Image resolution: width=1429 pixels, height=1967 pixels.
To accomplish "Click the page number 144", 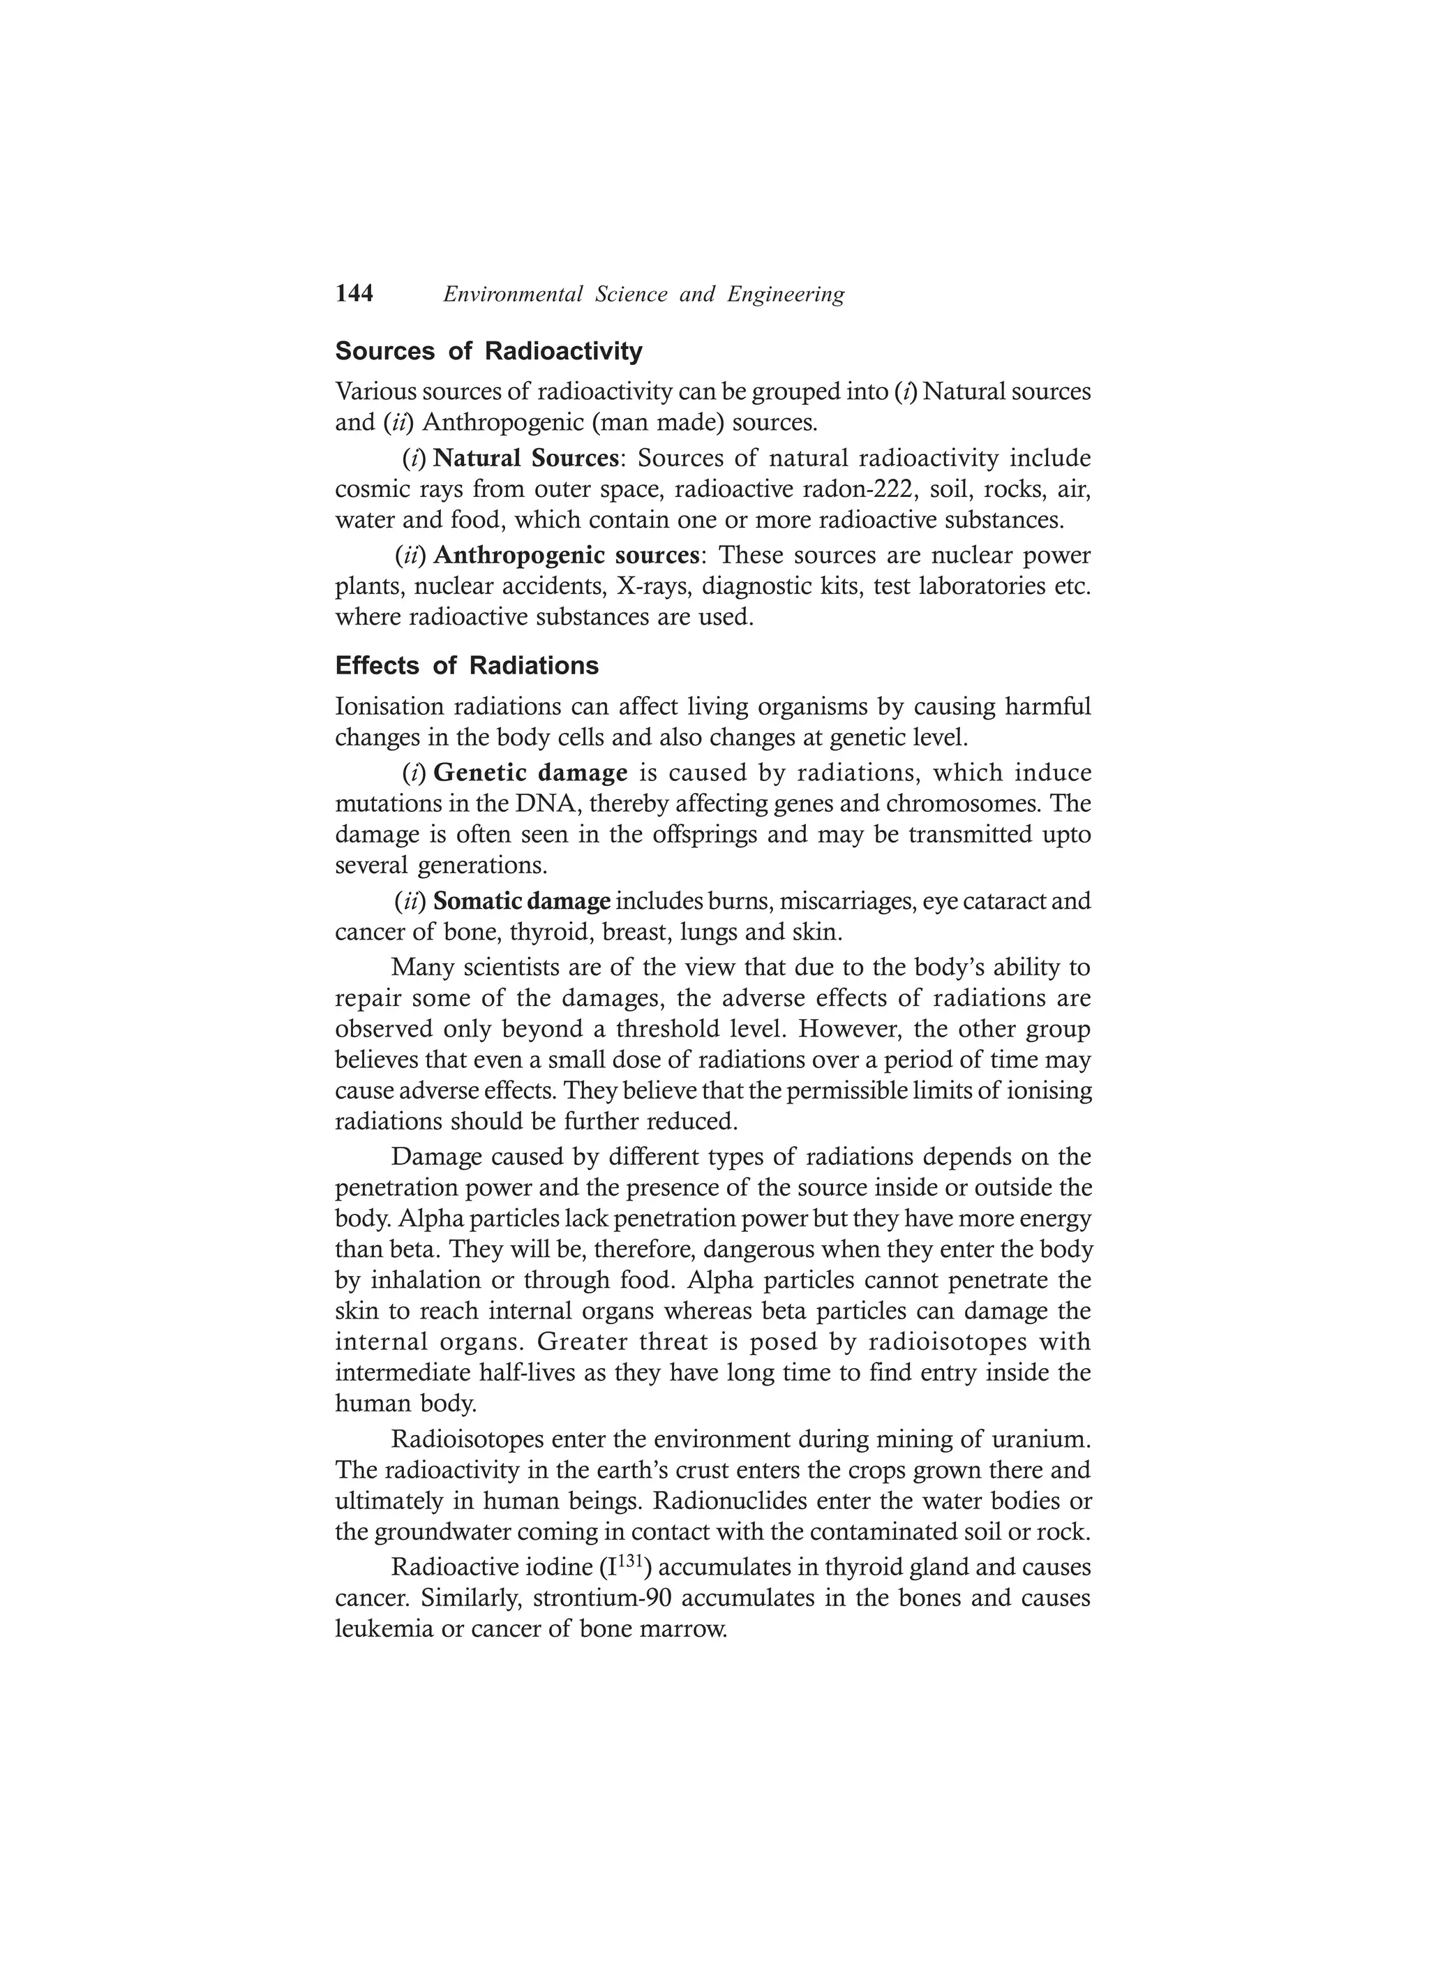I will pos(354,294).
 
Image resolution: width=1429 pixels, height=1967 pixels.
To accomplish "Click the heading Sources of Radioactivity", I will pos(489,351).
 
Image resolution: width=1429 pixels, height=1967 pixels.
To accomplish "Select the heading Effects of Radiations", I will pos(467,666).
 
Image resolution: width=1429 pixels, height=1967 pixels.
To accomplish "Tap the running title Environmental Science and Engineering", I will pos(643,295).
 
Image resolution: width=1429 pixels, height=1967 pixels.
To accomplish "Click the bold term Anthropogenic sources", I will pos(566,554).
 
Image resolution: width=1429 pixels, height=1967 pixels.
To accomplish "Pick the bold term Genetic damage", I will pos(530,772).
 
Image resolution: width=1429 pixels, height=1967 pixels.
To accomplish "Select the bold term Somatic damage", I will pos(522,902).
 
